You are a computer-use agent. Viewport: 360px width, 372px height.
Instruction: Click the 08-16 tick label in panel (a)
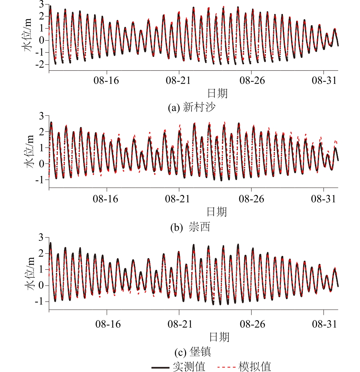tap(107, 81)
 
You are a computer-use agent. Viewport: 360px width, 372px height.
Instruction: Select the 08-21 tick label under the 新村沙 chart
tap(179, 81)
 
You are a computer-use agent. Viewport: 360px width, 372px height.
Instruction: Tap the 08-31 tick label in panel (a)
tap(324, 81)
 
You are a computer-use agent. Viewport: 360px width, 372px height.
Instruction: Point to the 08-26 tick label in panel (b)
tap(252, 199)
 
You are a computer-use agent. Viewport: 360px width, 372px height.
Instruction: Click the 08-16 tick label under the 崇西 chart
tap(107, 199)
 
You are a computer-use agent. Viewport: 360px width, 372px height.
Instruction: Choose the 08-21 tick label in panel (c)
tap(179, 324)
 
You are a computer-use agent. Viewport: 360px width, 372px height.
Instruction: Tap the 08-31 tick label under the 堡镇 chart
tap(324, 324)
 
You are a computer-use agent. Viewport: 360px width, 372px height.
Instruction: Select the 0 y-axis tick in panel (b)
tap(42, 164)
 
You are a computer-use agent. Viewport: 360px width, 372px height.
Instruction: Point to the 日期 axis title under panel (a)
tap(218, 92)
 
